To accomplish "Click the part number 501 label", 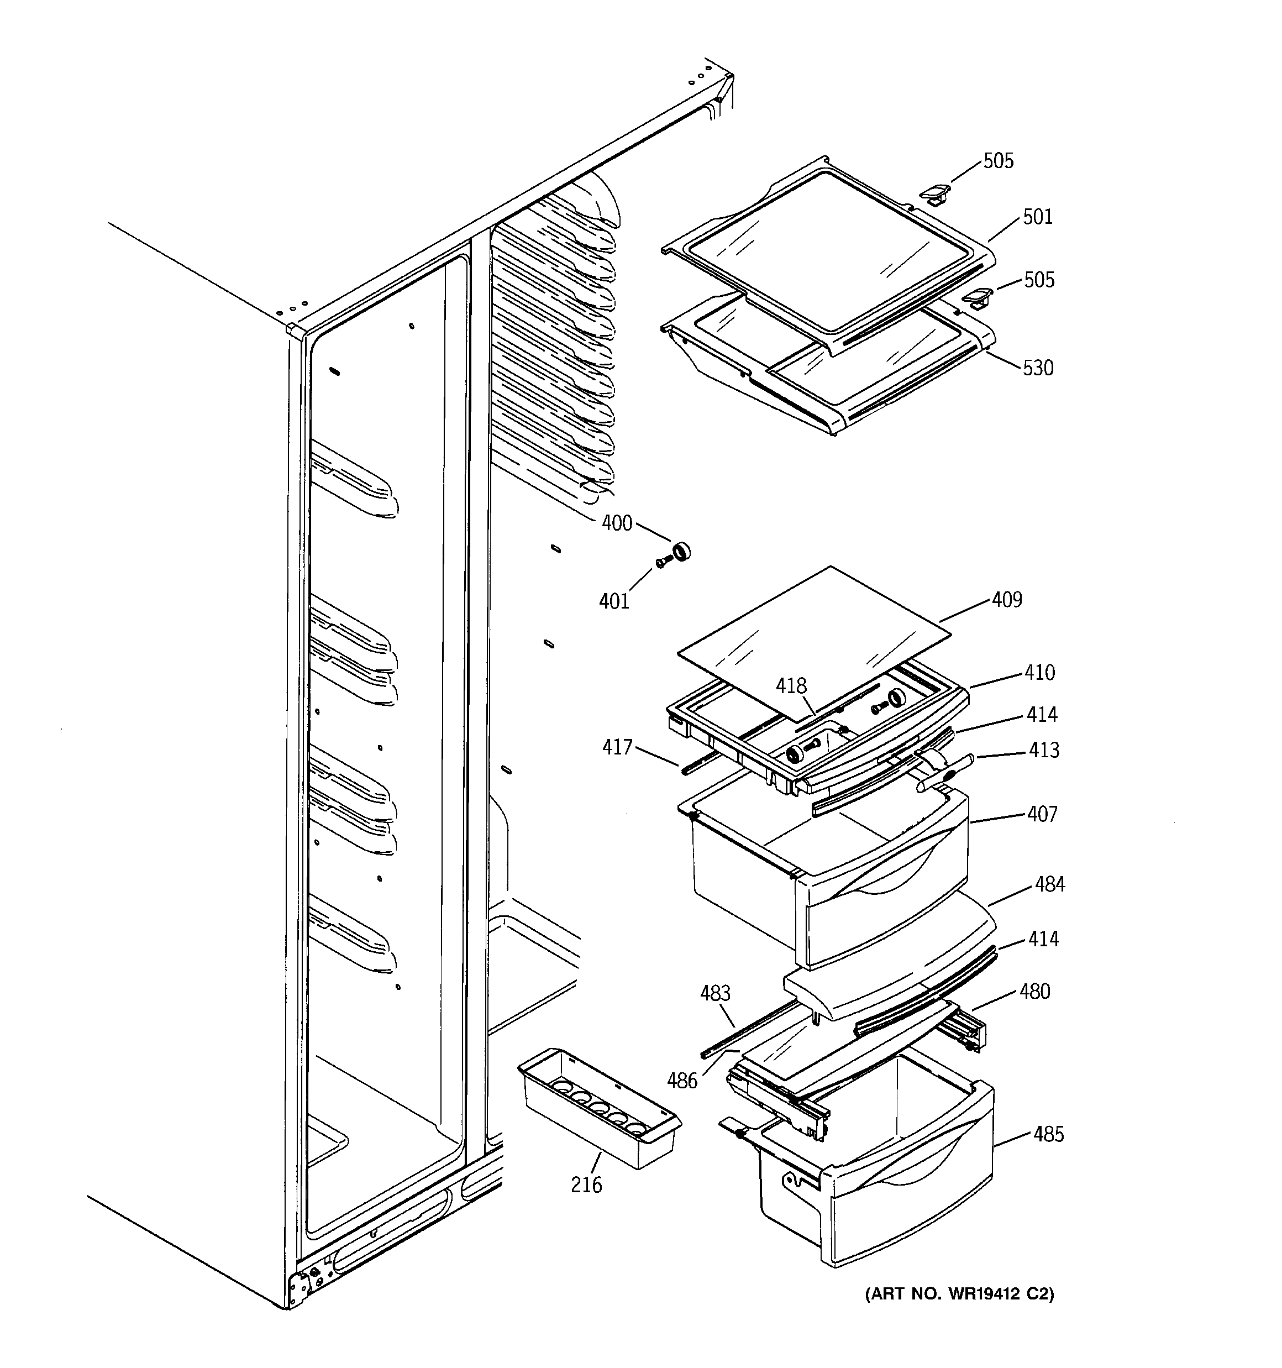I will [x=1038, y=217].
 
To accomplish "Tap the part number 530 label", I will [x=1038, y=368].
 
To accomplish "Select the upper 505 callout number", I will [x=998, y=161].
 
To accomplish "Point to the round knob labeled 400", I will [x=681, y=552].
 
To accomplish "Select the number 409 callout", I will [x=1007, y=600].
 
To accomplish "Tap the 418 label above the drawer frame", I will [x=791, y=686].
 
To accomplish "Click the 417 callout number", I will [x=617, y=747].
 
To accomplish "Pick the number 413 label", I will [x=1043, y=750].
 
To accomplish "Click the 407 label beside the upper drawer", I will [x=1042, y=814].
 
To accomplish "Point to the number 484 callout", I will [x=1049, y=884].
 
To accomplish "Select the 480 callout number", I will [x=1035, y=992].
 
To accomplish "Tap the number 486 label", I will [x=682, y=1081].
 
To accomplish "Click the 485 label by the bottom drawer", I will [x=1048, y=1134].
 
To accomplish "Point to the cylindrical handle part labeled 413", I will [x=943, y=770].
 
